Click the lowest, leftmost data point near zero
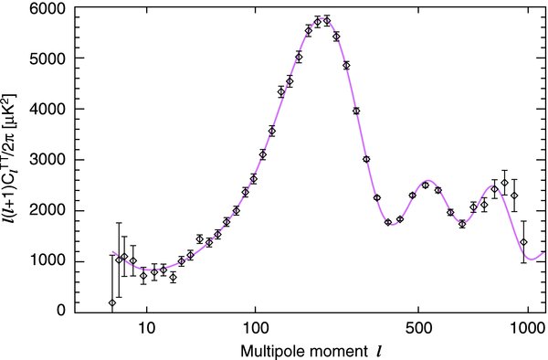click(x=112, y=302)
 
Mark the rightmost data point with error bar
click(x=524, y=242)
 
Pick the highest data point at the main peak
click(x=326, y=20)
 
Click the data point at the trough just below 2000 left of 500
click(x=387, y=222)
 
